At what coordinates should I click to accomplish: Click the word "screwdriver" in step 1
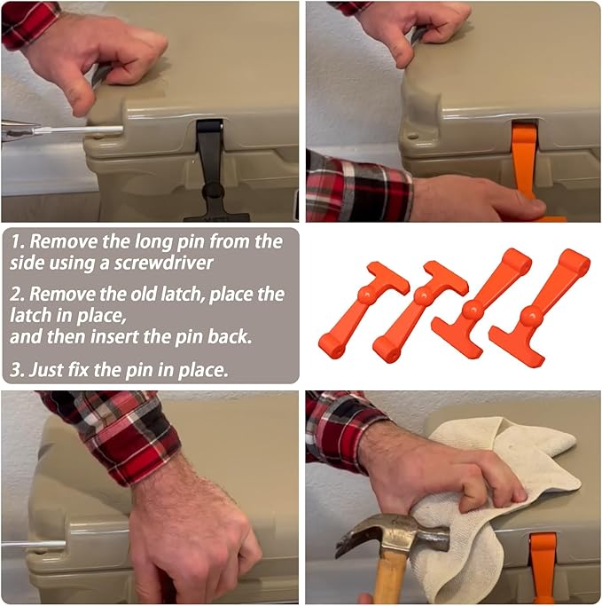coord(163,264)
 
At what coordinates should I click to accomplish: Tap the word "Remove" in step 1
coord(64,242)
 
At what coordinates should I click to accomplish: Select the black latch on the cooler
coord(211,170)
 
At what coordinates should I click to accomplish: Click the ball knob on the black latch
coord(213,191)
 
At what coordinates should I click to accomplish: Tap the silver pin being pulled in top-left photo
coord(77,130)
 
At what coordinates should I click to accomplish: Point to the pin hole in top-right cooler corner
coord(413,137)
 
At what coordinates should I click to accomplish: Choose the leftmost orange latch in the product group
coord(363,309)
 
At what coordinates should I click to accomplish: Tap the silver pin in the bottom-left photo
coord(33,545)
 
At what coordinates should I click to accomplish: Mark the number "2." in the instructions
coord(18,295)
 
